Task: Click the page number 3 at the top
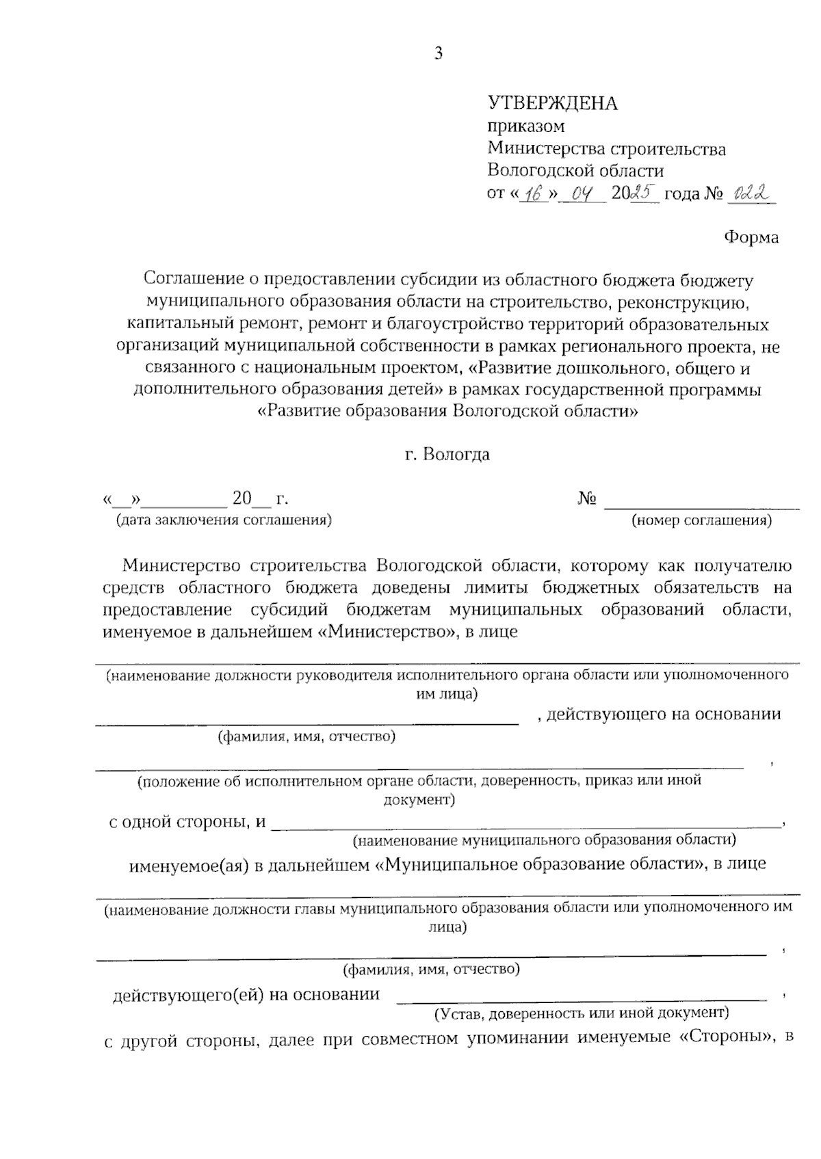coord(439,54)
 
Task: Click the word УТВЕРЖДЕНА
coord(552,104)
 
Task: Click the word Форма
coord(751,238)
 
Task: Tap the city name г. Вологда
coord(447,454)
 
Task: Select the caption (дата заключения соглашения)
coord(224,520)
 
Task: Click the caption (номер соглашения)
coord(701,521)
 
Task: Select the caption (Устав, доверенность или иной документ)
coord(581,1012)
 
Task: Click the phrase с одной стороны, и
coord(187,822)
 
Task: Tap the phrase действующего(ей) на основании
coord(246,994)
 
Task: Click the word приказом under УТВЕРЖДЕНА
coord(525,126)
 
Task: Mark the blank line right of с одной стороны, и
coord(527,827)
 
